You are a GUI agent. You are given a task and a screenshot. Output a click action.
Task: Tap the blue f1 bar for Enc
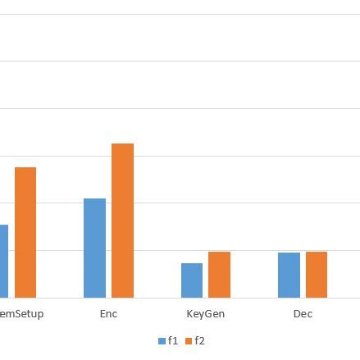coord(95,247)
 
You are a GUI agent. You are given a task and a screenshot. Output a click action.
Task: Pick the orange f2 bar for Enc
coord(123,220)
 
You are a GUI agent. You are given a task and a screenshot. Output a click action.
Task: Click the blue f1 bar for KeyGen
coord(191,280)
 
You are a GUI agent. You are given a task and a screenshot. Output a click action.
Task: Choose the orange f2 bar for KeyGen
coord(219,274)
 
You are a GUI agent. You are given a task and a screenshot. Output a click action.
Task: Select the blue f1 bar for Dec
coord(289,274)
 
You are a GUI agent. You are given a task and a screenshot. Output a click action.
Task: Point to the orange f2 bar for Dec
coord(317,274)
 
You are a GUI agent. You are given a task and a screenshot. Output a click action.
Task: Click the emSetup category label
coord(22,313)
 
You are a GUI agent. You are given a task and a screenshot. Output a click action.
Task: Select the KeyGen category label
coord(206,313)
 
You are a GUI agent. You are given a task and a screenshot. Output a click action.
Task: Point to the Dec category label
coord(303,313)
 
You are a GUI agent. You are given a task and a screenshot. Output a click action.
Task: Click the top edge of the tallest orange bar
coord(123,144)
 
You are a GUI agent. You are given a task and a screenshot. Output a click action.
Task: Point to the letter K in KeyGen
coord(190,313)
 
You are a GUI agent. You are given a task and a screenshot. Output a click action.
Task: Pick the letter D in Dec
coord(296,313)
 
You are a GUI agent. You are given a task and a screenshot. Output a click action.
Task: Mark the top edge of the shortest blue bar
coord(191,264)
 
